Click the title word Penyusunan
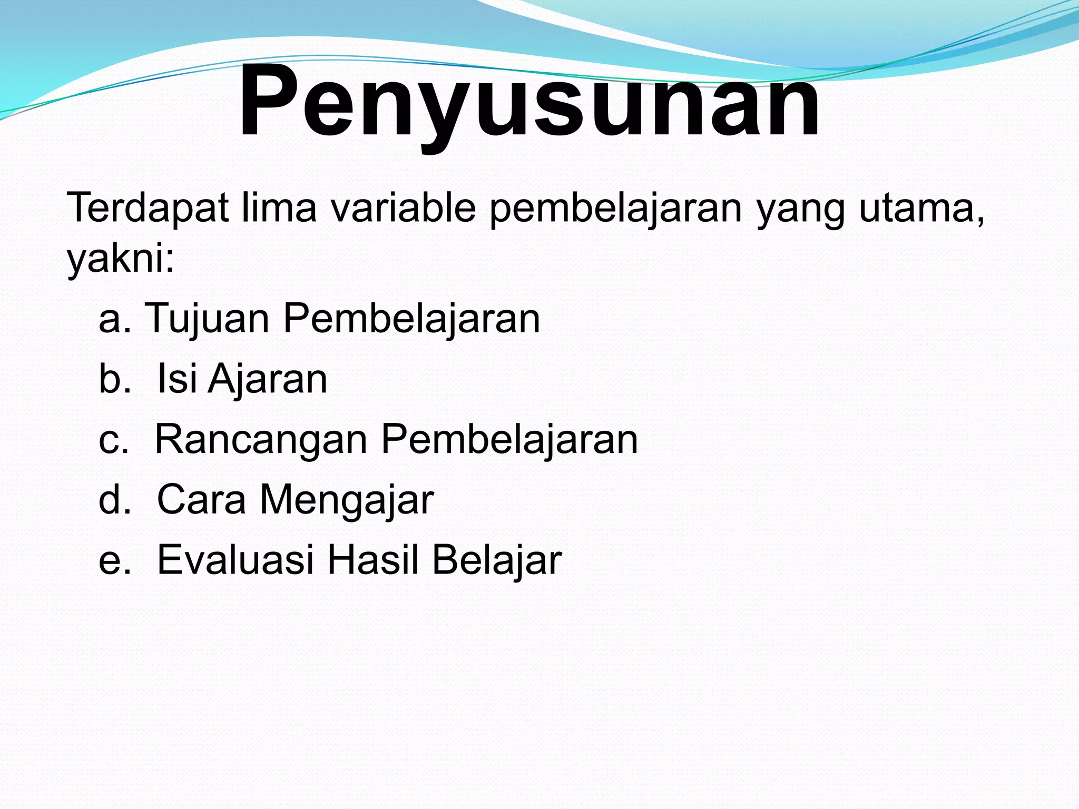tap(529, 103)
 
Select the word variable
tap(404, 208)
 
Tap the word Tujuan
tap(207, 319)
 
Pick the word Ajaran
tap(268, 379)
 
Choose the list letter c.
tap(113, 440)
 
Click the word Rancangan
tap(261, 440)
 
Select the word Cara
tap(201, 499)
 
